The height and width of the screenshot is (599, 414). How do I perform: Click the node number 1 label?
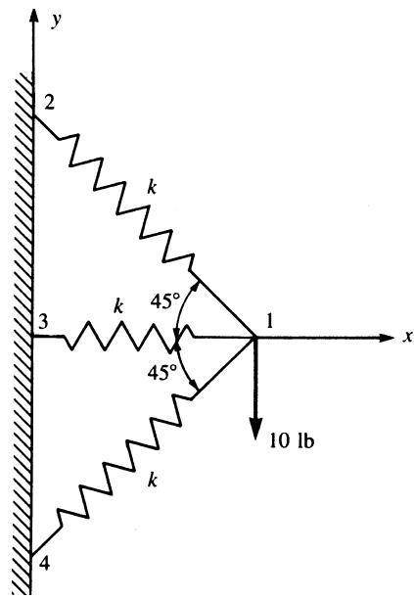(270, 321)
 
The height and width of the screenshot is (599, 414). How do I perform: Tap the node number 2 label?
(49, 103)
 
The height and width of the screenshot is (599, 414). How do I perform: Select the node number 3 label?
(44, 322)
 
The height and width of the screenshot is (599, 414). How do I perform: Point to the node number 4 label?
(44, 564)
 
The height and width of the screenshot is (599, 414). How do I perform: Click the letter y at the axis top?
(57, 21)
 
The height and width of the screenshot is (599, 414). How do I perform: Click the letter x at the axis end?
(408, 336)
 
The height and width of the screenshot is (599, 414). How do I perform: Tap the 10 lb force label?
(292, 440)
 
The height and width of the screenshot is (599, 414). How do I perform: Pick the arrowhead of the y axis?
(34, 16)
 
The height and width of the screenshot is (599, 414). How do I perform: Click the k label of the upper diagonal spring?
(152, 187)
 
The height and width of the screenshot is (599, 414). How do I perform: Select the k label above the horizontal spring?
(118, 306)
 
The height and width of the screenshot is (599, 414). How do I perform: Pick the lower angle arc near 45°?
(184, 365)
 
